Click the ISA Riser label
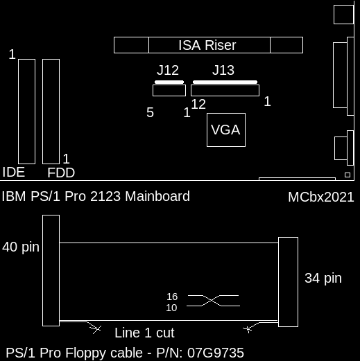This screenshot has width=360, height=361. pyautogui.click(x=207, y=45)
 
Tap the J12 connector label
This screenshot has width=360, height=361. pyautogui.click(x=168, y=70)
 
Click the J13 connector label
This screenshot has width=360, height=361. pyautogui.click(x=223, y=70)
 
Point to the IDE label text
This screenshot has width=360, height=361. pyautogui.click(x=14, y=173)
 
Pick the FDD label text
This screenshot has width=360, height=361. pyautogui.click(x=61, y=173)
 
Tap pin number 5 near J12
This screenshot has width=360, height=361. pyautogui.click(x=150, y=112)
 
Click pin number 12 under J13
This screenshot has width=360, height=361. pyautogui.click(x=198, y=104)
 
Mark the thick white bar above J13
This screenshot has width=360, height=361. pyautogui.click(x=225, y=82)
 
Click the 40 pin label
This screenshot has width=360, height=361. pyautogui.click(x=21, y=247)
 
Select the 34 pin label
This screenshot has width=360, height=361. pyautogui.click(x=323, y=278)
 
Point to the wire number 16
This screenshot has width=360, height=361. pyautogui.click(x=172, y=297)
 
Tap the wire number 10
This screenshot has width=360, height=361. pyautogui.click(x=171, y=308)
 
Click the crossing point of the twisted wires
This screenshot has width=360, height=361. pyautogui.click(x=212, y=301)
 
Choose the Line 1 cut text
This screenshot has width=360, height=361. pyautogui.click(x=144, y=333)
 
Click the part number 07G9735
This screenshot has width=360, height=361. pyautogui.click(x=216, y=353)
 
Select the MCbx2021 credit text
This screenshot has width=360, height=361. pyautogui.click(x=321, y=197)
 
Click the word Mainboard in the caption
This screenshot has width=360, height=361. pyautogui.click(x=157, y=196)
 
